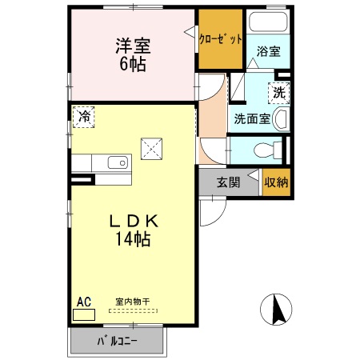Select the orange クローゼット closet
[x=219, y=38]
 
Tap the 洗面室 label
[x=251, y=120]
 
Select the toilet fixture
[x=269, y=150]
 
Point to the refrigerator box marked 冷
[x=83, y=117]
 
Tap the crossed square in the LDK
[x=152, y=148]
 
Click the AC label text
[x=83, y=302]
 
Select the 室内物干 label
[x=132, y=302]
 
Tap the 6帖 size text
[x=133, y=65]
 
